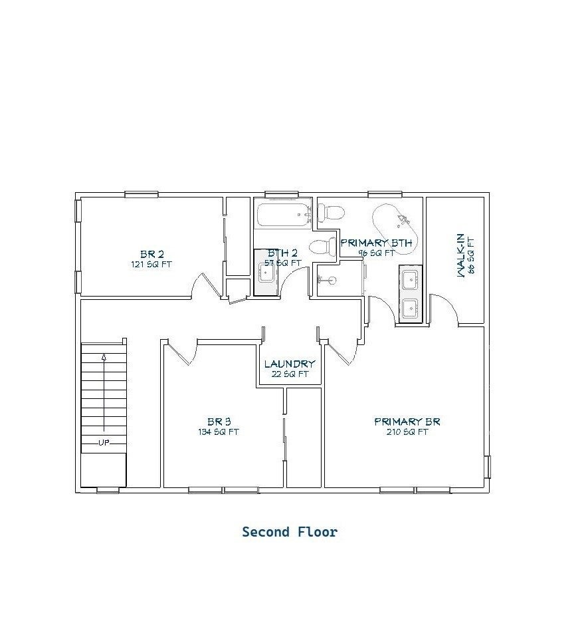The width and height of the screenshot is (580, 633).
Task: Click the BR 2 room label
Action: point(152,254)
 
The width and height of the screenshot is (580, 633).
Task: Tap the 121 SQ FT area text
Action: point(151,265)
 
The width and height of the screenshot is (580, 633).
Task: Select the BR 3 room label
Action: point(219,422)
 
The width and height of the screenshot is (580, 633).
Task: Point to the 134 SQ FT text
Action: point(219,432)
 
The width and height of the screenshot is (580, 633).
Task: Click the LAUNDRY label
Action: point(290,364)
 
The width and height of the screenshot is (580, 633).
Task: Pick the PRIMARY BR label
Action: point(407,422)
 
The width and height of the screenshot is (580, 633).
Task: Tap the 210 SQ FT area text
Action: point(407,432)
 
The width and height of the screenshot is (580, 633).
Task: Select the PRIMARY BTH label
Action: point(376,243)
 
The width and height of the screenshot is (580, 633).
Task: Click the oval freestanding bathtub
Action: point(395,229)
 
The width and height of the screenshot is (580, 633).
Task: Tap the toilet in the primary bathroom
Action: point(331,212)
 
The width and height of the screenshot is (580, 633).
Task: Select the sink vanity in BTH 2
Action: point(266,273)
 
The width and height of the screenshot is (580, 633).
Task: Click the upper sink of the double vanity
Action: point(411,279)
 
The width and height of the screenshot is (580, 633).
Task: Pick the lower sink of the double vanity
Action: point(411,309)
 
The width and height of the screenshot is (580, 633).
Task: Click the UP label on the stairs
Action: point(104,443)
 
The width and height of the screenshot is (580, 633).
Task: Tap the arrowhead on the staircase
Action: point(104,357)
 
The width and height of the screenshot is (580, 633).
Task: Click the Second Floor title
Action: point(290,532)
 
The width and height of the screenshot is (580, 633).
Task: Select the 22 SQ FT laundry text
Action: point(290,374)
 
